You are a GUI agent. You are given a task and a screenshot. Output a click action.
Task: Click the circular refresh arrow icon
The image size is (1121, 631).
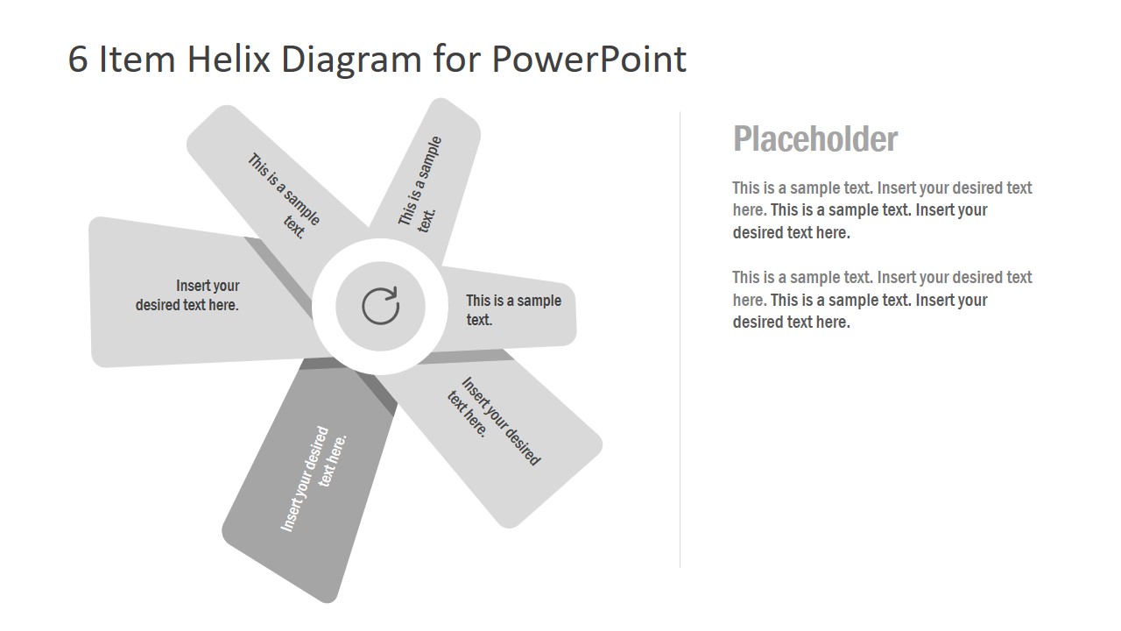(x=380, y=307)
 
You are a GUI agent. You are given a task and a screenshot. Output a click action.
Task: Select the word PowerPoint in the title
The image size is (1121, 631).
(x=589, y=60)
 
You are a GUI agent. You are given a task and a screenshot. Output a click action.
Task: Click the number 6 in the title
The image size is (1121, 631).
(x=78, y=60)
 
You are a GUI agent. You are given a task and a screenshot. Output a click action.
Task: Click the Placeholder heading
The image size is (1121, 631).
(x=814, y=139)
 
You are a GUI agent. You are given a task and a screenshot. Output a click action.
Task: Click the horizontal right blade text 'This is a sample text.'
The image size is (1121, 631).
(x=513, y=310)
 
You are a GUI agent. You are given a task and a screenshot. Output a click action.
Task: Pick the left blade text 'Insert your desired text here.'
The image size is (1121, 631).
(x=187, y=295)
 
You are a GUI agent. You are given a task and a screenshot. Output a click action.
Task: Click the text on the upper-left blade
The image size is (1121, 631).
(x=284, y=195)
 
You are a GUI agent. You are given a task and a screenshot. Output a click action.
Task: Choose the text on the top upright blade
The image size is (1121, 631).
(x=421, y=182)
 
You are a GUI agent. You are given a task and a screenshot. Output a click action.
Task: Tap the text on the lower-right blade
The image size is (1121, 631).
(x=494, y=421)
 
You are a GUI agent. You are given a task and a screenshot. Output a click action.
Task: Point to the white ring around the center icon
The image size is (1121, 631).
(x=323, y=307)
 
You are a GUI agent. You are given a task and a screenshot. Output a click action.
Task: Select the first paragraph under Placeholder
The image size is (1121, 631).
(x=882, y=210)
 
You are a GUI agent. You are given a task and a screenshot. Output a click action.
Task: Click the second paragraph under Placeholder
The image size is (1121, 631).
(x=882, y=300)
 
